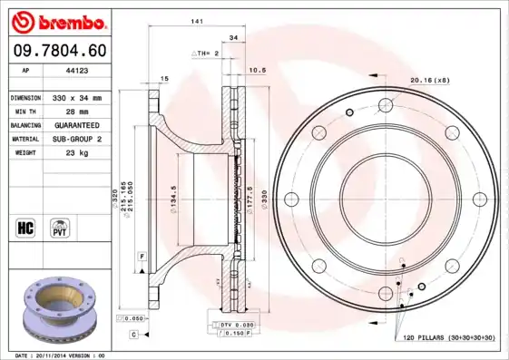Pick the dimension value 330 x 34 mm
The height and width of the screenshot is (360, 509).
pyautogui.click(x=76, y=97)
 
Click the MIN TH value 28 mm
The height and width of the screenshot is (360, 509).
pyautogui.click(x=76, y=111)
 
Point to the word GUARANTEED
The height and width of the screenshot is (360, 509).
pyautogui.click(x=76, y=125)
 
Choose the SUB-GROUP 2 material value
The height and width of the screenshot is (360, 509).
pyautogui.click(x=76, y=140)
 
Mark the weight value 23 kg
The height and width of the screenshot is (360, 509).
pyautogui.click(x=76, y=153)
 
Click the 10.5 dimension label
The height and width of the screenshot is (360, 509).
pyautogui.click(x=257, y=70)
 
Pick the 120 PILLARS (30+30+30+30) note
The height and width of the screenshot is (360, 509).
pyautogui.click(x=449, y=338)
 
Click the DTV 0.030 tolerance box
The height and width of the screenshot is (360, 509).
pyautogui.click(x=231, y=325)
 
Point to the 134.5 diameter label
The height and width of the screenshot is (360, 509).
pyautogui.click(x=171, y=196)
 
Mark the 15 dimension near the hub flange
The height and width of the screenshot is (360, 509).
pyautogui.click(x=164, y=80)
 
